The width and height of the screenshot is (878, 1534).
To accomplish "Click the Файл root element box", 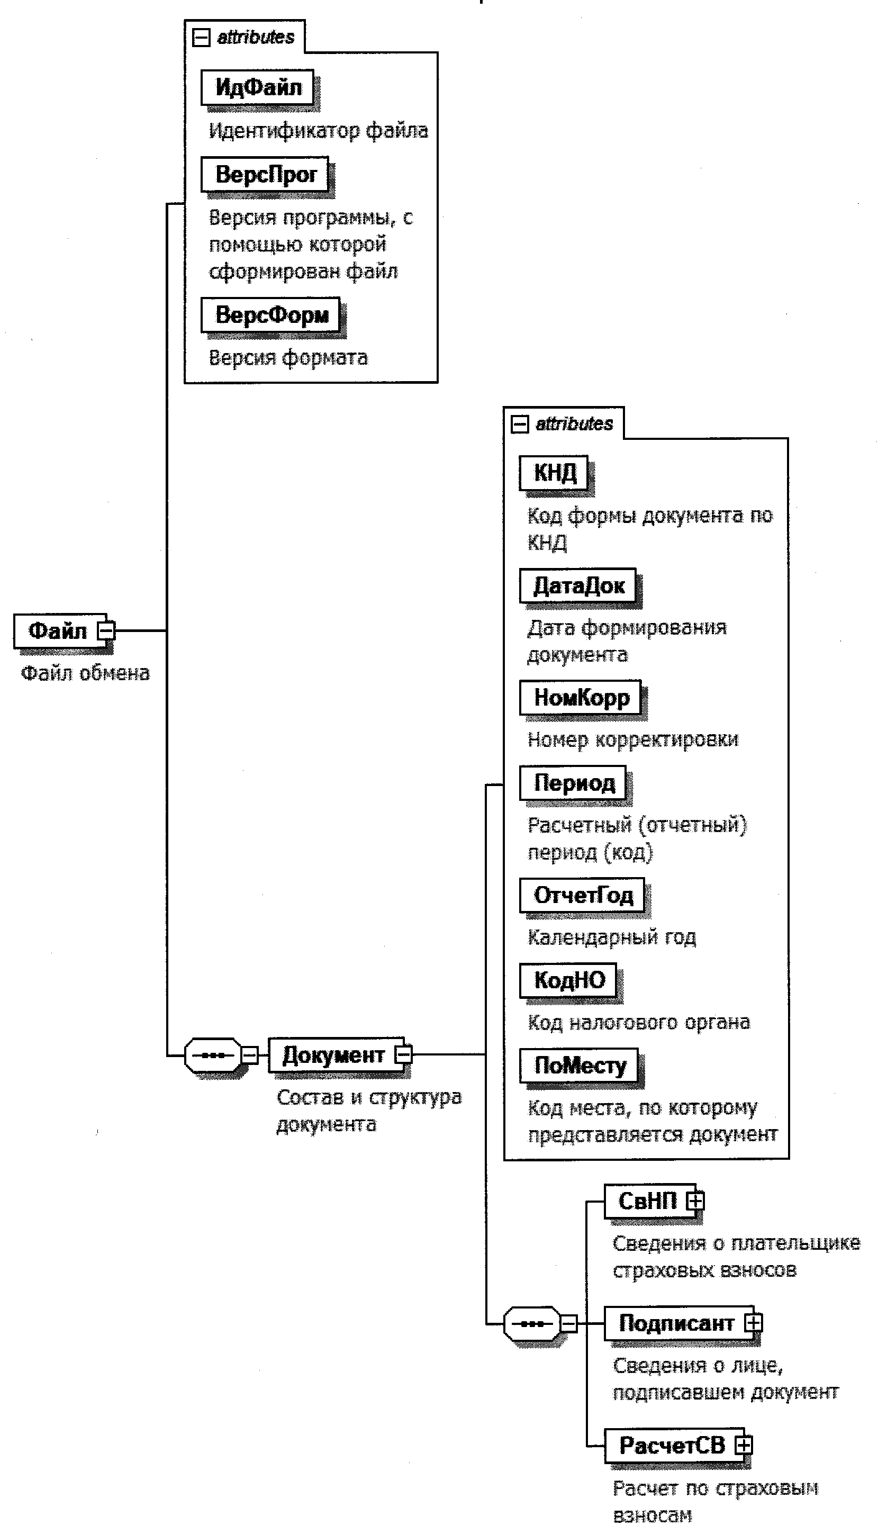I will click(x=58, y=631).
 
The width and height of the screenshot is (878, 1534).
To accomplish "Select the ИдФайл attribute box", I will click(x=258, y=87).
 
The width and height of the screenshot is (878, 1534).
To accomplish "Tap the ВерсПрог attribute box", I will click(x=265, y=174).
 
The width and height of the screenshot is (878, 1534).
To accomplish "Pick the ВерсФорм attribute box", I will click(x=271, y=315).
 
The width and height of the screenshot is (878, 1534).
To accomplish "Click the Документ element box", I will click(x=333, y=1054).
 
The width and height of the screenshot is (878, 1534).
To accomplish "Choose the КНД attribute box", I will click(x=554, y=472).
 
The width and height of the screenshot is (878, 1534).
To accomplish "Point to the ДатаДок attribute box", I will click(x=578, y=585).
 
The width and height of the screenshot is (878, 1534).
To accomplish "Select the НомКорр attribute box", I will click(x=581, y=697).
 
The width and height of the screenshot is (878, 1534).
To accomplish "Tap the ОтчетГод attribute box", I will click(x=583, y=895).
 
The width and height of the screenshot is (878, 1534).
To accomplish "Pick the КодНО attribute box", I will click(x=568, y=980).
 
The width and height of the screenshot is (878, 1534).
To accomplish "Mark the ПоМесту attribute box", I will click(x=580, y=1066).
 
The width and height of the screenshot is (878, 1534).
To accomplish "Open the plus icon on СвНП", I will click(x=695, y=1200).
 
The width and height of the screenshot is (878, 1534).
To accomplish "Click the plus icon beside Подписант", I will click(x=753, y=1323).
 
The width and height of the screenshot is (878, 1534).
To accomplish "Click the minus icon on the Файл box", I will click(x=106, y=631).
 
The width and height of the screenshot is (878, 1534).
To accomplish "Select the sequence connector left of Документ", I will click(x=213, y=1054).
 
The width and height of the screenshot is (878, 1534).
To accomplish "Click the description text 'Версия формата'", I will click(x=288, y=358).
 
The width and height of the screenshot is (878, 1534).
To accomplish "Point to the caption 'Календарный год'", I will click(x=611, y=937).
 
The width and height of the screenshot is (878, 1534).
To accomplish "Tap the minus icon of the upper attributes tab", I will click(x=200, y=38).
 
